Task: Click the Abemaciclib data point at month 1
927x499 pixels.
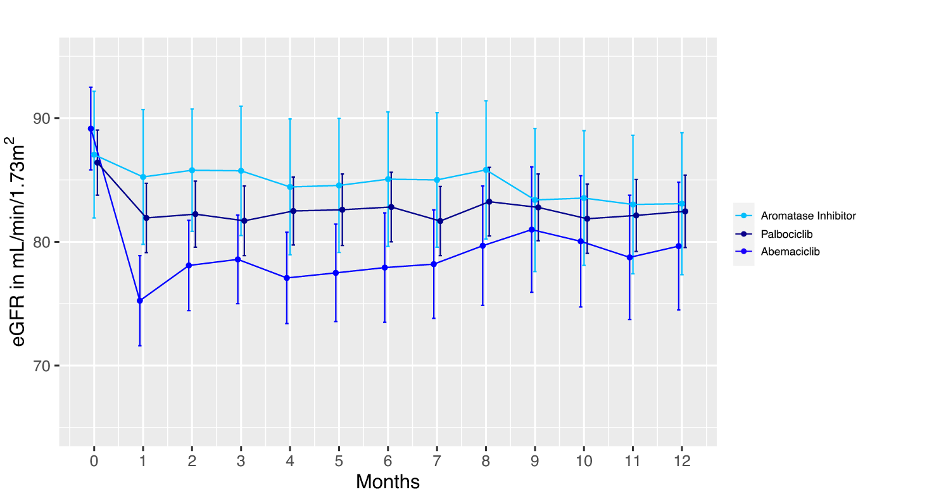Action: pyautogui.click(x=139, y=300)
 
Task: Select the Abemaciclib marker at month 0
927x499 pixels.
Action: pyautogui.click(x=91, y=128)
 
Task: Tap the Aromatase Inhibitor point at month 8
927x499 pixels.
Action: pyautogui.click(x=486, y=170)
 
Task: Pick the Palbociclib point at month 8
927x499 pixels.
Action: pyautogui.click(x=489, y=202)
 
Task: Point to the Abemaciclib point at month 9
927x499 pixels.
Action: pyautogui.click(x=532, y=230)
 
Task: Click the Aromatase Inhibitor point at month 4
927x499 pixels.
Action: pyautogui.click(x=290, y=187)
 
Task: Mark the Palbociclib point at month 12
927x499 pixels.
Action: pyautogui.click(x=685, y=211)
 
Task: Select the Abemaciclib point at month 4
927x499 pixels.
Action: pyautogui.click(x=287, y=278)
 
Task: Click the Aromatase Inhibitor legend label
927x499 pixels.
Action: pyautogui.click(x=808, y=216)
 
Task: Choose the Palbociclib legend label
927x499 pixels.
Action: pyautogui.click(x=786, y=234)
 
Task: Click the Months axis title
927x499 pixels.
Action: pyautogui.click(x=388, y=482)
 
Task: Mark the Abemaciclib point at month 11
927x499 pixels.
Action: pyautogui.click(x=630, y=257)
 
